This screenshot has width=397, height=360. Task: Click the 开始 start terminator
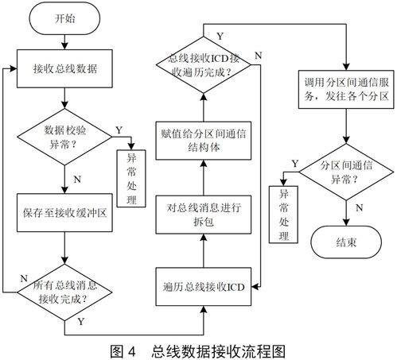(64, 19)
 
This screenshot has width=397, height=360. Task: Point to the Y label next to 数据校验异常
(119, 129)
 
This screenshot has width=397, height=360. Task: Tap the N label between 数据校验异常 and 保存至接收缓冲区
(77, 179)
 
